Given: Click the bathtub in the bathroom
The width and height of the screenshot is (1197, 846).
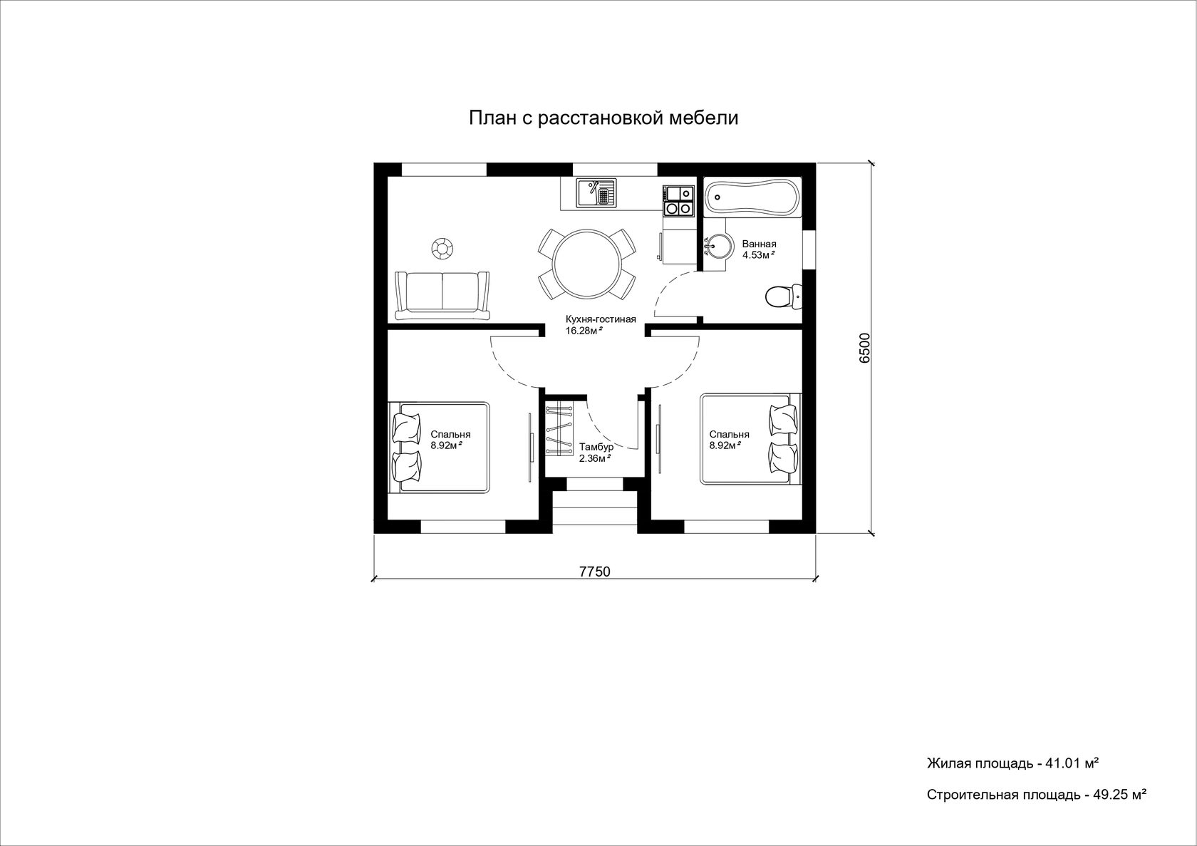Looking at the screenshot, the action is pos(752,197).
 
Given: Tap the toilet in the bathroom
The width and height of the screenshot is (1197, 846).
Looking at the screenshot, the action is pos(784,296).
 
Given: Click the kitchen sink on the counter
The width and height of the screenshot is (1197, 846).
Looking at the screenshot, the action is pos(596,193).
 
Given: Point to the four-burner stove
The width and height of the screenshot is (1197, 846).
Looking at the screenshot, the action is pos(678,201).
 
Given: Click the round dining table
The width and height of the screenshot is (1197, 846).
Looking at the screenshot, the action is pos(587,264).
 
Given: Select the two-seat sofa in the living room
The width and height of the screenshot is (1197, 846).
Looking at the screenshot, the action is pos(442,296).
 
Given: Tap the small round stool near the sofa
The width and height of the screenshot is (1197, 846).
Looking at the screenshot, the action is pos(442,249).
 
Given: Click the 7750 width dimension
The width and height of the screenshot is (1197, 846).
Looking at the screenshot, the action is pos(595,572).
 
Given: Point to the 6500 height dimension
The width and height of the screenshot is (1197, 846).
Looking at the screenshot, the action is pos(865,348).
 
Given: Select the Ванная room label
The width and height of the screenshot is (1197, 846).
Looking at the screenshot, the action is pos(759,244).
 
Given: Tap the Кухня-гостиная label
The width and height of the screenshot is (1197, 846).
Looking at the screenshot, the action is pos(601,319).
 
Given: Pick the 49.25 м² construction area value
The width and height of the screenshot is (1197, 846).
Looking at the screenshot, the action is pos(1119,795).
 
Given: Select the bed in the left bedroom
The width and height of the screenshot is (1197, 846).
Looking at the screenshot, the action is pos(439,448).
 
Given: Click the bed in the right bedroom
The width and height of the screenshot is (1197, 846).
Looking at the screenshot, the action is pos(751,439).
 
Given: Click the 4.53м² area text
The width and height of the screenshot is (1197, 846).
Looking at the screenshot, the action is pos(759,255).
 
